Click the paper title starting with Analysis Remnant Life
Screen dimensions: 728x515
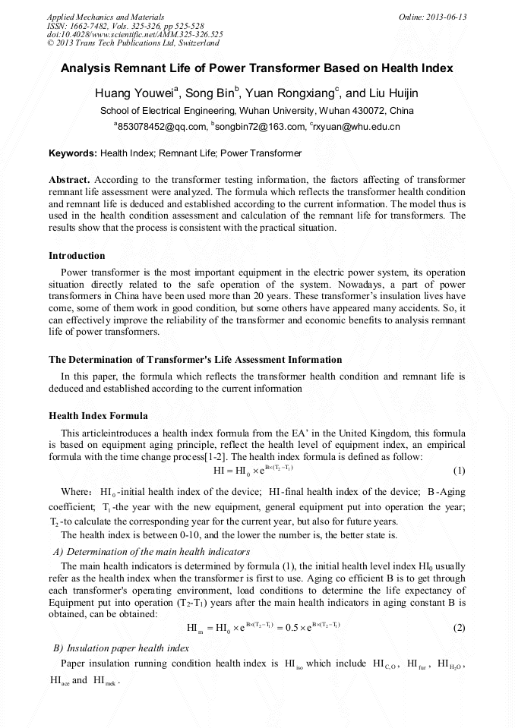pyautogui.click(x=257, y=68)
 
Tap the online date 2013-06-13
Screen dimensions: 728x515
pyautogui.click(x=447, y=17)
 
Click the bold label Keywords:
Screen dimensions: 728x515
pyautogui.click(x=73, y=153)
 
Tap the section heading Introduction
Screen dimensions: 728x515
pyautogui.click(x=77, y=256)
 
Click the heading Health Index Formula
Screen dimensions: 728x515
pyautogui.click(x=98, y=416)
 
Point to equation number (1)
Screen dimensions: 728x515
pyautogui.click(x=459, y=471)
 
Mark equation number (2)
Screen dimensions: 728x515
pyautogui.click(x=459, y=628)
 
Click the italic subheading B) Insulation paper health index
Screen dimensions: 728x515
pyautogui.click(x=121, y=648)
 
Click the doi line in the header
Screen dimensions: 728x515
pyautogui.click(x=134, y=34)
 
